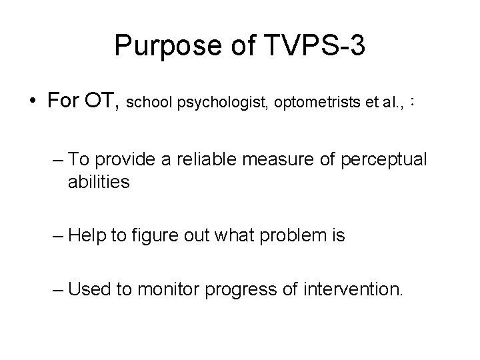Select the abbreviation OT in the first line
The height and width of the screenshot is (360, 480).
click(x=103, y=101)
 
